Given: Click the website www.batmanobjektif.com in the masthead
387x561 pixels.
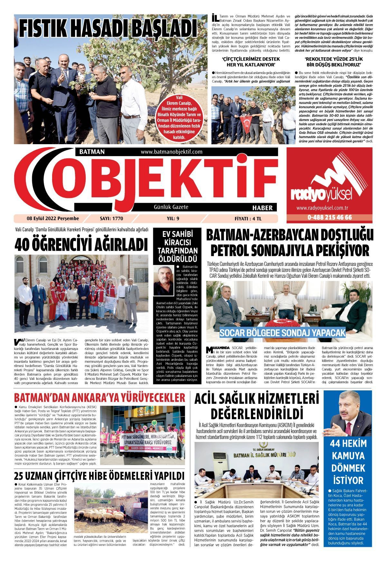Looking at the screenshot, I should click(171, 152).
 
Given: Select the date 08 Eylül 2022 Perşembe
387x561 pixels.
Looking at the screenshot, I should click(53, 219).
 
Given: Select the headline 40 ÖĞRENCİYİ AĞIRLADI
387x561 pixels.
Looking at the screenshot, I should click(81, 244).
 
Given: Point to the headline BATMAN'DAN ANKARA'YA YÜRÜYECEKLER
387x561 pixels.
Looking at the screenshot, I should click(100, 397).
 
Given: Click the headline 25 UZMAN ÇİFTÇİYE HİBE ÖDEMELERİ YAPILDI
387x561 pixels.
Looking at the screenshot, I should click(100, 476).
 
